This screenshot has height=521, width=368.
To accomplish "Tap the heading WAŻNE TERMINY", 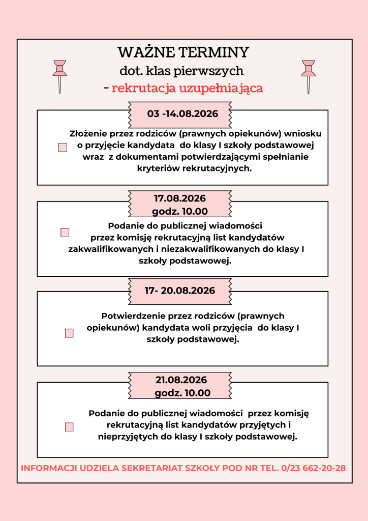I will (183, 52).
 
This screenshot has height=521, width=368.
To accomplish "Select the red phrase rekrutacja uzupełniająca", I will (187, 88).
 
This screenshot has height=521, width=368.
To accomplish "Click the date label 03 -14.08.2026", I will (182, 113).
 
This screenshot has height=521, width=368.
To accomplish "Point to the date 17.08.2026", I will (180, 198).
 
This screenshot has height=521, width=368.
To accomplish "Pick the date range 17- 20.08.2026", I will (180, 291).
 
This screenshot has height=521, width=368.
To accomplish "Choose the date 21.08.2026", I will (181, 380).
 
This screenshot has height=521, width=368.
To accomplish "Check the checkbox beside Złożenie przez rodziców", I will (63, 148).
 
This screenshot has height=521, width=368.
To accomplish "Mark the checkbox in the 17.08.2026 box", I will (65, 233).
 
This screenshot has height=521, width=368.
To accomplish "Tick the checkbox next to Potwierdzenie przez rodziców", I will (69, 333).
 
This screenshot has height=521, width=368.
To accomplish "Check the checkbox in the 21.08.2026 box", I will (69, 427).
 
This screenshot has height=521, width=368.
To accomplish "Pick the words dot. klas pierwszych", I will (181, 71).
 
